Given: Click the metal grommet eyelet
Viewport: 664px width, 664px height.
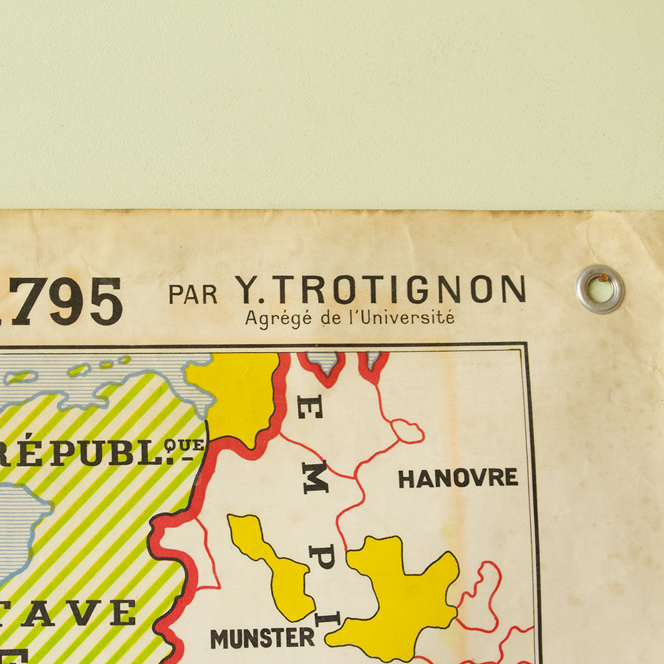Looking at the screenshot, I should tap(600, 289).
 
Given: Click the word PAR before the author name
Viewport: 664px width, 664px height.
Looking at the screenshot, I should tap(193, 293).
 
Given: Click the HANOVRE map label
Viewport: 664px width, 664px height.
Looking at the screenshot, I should tap(458, 478).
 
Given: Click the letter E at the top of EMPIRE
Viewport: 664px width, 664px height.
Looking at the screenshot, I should tap(311, 404).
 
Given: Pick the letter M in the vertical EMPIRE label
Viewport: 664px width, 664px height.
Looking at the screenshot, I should tap(315, 477).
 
